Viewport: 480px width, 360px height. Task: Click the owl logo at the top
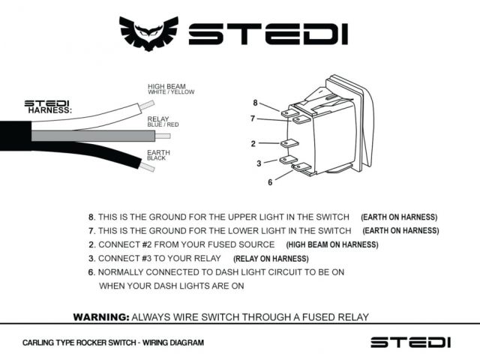tap(150, 34)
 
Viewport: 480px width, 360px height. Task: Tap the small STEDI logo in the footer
tap(410, 342)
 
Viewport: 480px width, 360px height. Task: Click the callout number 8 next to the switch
tap(255, 103)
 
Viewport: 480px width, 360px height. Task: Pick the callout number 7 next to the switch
tap(253, 118)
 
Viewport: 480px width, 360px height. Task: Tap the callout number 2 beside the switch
tap(253, 143)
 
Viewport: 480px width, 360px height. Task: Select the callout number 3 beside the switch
tap(259, 163)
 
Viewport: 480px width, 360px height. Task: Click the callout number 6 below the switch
tap(269, 181)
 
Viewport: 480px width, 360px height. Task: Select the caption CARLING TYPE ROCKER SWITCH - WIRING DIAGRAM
tap(112, 343)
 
